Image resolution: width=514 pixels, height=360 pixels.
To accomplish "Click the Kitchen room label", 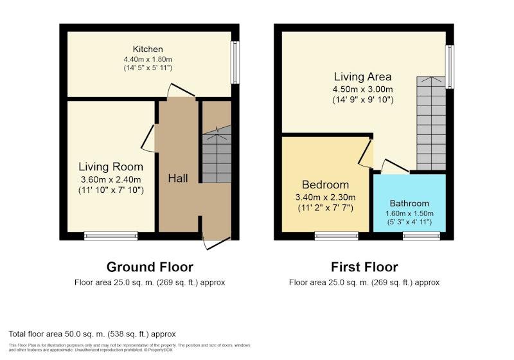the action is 148,50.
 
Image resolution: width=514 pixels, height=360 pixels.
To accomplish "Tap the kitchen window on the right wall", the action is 235,62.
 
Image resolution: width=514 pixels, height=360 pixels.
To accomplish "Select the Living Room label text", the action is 111,167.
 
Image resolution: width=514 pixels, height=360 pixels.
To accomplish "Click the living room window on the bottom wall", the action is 111,236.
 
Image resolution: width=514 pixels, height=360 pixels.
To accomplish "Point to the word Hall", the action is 178,178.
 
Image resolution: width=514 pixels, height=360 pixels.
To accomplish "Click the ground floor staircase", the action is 217,154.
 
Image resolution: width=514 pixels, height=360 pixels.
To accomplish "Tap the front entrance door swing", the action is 217,242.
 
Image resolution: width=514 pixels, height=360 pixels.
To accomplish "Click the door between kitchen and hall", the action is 181,91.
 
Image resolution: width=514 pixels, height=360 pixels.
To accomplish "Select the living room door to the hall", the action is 148,138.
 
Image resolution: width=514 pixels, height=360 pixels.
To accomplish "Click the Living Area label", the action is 362,76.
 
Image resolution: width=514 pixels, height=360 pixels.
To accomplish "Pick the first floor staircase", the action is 431,123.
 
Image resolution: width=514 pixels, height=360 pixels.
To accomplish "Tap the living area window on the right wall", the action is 450,67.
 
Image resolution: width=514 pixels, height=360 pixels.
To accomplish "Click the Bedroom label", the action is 326,185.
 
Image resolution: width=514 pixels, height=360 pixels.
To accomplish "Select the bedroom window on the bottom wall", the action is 337,236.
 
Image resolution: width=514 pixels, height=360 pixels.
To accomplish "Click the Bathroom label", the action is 409,203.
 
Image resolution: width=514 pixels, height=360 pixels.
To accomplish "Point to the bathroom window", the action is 421,236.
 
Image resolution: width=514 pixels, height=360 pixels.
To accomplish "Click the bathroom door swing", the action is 395,166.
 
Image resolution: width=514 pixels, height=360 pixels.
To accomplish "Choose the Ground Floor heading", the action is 150,267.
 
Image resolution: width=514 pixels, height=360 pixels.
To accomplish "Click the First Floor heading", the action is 364,267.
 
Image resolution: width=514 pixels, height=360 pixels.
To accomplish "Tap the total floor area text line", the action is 92,334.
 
